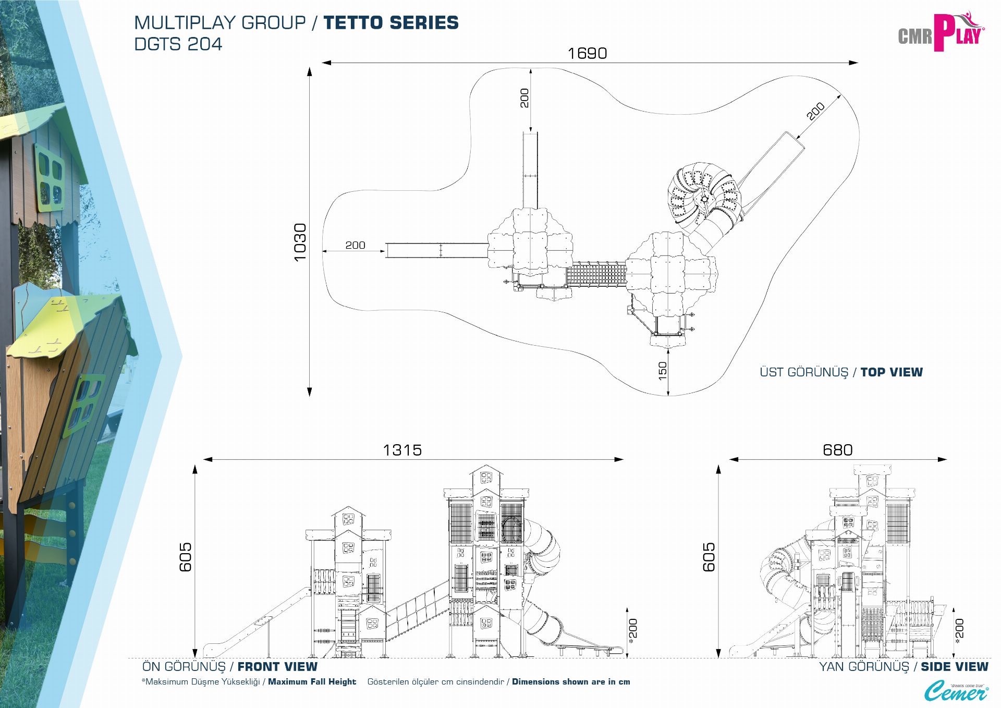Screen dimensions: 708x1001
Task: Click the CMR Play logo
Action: pos(941,33)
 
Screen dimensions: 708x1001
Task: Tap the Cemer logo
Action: pos(956,691)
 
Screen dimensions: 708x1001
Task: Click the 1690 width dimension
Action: pos(587,53)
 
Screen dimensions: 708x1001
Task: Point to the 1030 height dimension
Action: pos(300,242)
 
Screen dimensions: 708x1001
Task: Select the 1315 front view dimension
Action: pos(402,450)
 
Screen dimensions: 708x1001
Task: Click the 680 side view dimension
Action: pos(837,450)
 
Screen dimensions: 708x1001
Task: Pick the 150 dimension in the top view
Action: pos(663,371)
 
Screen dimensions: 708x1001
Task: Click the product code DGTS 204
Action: pos(178,44)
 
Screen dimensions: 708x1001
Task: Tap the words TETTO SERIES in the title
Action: pos(391,23)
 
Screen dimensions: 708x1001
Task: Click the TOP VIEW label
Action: pos(892,372)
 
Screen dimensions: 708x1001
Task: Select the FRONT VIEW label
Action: pos(277,667)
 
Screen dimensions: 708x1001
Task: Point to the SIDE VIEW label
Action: pos(954,667)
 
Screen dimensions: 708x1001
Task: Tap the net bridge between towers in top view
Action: pos(596,274)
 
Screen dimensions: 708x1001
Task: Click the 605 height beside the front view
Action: pos(186,557)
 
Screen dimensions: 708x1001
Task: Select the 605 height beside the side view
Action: pos(709,557)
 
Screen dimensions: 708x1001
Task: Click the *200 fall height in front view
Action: pos(633,631)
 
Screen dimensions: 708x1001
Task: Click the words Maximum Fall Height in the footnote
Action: pos(312,682)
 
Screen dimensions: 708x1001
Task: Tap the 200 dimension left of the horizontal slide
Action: pos(355,245)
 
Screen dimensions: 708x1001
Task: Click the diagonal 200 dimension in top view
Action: pos(815,111)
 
